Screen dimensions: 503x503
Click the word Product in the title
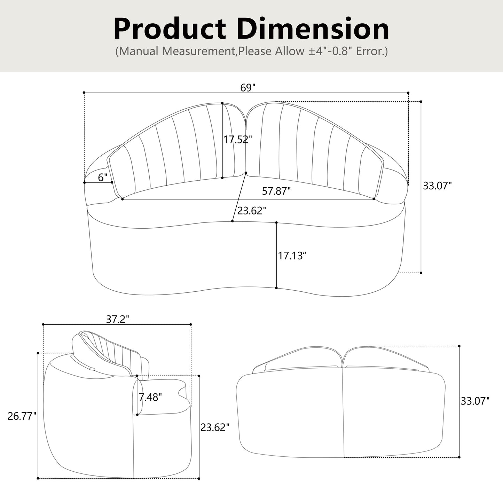[170, 29]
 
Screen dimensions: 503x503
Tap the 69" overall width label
[248, 88]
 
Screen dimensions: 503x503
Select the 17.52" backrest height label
[237, 140]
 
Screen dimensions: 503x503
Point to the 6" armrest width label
[103, 178]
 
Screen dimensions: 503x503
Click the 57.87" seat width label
[276, 191]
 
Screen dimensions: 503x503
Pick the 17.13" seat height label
[292, 256]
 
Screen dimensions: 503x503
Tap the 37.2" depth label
[117, 319]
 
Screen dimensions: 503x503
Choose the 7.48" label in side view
[150, 397]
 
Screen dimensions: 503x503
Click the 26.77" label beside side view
[22, 416]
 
